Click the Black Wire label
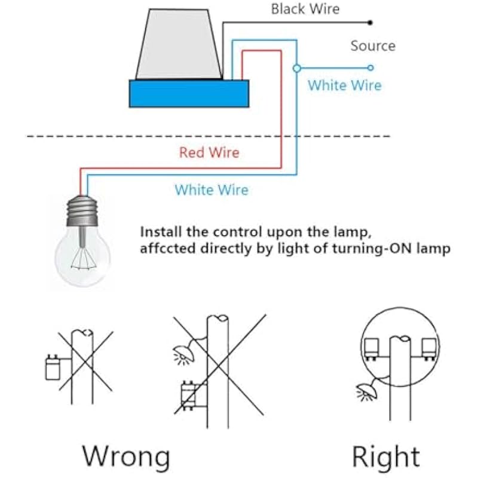click(305, 9)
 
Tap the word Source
click(373, 46)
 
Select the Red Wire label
click(209, 152)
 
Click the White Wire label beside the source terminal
click(344, 85)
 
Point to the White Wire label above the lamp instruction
click(211, 190)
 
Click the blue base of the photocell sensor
click(189, 94)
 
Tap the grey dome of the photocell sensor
click(179, 45)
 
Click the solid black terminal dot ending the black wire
click(370, 23)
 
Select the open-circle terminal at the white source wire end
click(370, 68)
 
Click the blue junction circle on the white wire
click(296, 68)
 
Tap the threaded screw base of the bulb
click(82, 212)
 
